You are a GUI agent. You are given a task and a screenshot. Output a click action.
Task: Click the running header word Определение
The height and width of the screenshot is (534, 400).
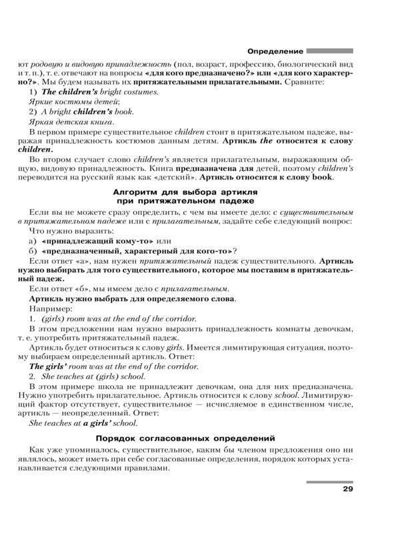point(275,51)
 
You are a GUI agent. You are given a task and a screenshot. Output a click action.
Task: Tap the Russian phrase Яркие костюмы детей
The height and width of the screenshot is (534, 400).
point(74,101)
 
